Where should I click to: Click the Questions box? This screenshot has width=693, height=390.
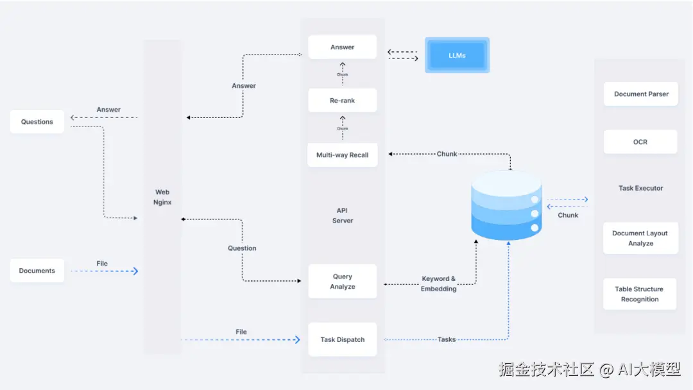[x=37, y=122]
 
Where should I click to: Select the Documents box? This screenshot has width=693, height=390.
[x=37, y=271]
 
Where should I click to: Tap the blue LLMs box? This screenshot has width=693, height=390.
[x=457, y=55]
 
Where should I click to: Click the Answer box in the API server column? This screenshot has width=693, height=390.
[x=342, y=47]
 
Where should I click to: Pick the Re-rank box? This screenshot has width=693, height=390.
[x=342, y=101]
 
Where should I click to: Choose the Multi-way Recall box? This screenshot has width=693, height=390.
[x=342, y=155]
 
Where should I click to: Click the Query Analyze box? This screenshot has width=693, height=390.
[x=342, y=282]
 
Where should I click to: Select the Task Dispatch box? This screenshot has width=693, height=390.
[x=342, y=339]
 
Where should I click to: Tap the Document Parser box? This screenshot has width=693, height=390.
[x=640, y=94]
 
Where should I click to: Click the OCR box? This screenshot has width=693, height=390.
[x=640, y=142]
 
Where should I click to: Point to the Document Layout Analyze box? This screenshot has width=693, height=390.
[x=640, y=238]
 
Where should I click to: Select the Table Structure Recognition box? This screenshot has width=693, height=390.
[x=640, y=294]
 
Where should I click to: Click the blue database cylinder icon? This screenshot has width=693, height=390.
[x=506, y=205]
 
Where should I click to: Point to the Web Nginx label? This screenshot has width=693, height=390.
[x=162, y=197]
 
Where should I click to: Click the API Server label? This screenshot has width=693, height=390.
[x=343, y=216]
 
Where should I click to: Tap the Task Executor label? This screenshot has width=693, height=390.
[x=640, y=189]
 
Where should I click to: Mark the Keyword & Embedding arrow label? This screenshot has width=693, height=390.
[x=439, y=284]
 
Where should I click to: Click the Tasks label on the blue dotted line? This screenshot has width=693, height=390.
[x=447, y=339]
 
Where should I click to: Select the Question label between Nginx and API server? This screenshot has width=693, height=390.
[x=242, y=248]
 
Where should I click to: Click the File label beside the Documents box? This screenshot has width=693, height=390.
[x=102, y=264]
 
